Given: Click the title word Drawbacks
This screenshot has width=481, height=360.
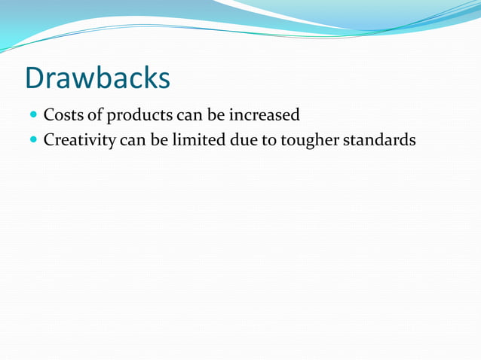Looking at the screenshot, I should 98,78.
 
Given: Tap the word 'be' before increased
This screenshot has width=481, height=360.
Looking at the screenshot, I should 215,116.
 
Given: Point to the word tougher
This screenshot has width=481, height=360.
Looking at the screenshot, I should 310,141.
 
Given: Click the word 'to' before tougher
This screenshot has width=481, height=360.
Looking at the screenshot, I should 269,140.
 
